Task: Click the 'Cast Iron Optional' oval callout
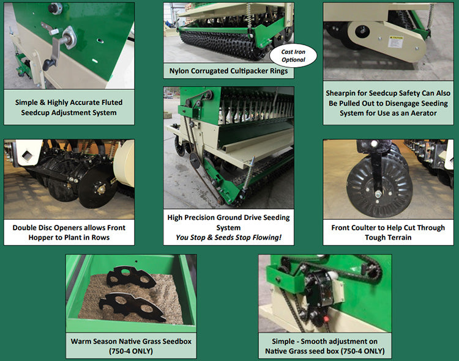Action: point(293,56)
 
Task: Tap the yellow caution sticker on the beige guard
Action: point(395,42)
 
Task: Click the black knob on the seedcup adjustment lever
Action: point(47,64)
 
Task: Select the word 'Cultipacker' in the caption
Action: point(247,71)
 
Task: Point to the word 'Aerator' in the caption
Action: point(424,113)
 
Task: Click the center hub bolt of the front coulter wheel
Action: point(378,193)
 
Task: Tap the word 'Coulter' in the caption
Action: point(364,227)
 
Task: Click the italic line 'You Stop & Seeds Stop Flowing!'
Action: point(228,238)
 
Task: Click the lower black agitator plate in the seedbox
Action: point(133,307)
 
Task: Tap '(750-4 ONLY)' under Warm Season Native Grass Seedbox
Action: point(131,351)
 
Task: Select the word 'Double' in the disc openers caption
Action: point(24,227)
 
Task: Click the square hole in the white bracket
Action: point(27,155)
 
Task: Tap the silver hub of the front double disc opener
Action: point(101,189)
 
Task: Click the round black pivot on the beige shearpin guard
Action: point(362,31)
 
